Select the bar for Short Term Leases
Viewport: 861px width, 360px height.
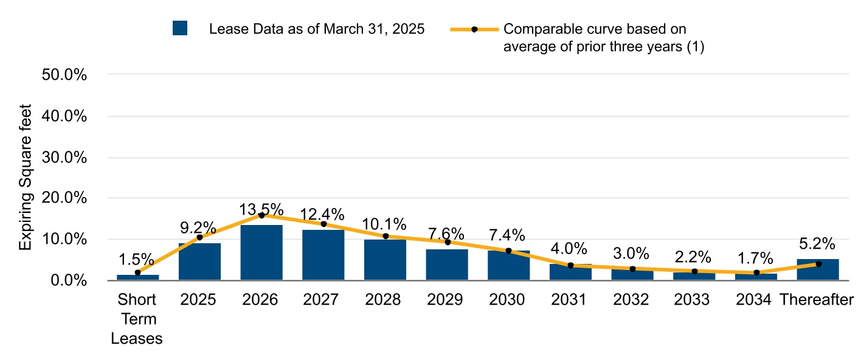click(x=137, y=277)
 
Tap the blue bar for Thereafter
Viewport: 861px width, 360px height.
click(x=818, y=269)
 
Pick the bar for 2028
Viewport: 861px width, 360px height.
click(x=385, y=260)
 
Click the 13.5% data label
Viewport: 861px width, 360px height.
click(x=261, y=209)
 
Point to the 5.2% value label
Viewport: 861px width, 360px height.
click(x=818, y=244)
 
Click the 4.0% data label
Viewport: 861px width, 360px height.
click(x=570, y=249)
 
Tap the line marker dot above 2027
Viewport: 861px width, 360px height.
click(x=323, y=224)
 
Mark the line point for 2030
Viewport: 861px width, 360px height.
click(x=508, y=251)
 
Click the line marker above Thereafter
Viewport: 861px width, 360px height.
click(x=818, y=264)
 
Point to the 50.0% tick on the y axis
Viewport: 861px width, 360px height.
click(x=64, y=75)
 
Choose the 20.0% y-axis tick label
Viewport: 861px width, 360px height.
click(x=64, y=198)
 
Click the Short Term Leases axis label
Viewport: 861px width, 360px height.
click(x=137, y=319)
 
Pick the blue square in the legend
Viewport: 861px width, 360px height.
click(x=180, y=29)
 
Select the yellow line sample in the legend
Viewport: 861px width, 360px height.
click(x=474, y=29)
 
